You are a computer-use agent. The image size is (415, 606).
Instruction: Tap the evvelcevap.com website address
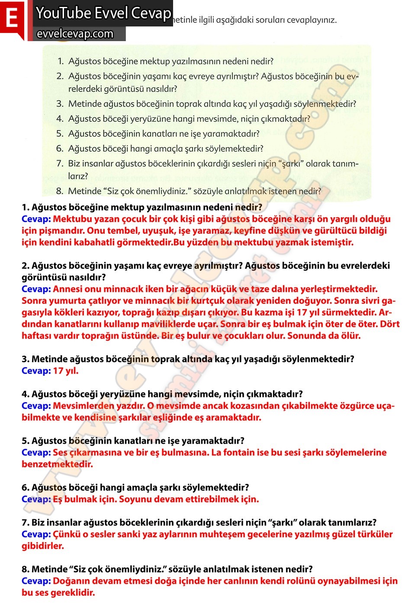click(x=75, y=34)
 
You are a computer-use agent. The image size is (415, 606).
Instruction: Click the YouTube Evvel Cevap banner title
click(x=103, y=13)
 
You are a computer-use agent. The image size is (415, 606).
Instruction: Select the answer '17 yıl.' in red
click(x=66, y=371)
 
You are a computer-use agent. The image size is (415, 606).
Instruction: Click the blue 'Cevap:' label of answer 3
click(x=36, y=371)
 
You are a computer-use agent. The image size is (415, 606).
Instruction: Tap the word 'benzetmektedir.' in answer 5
click(x=57, y=464)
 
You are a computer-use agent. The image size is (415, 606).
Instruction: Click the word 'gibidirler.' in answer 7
click(x=43, y=546)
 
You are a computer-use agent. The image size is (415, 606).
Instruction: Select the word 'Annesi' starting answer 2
click(x=67, y=289)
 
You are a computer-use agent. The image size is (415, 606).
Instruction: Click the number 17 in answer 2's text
click(x=302, y=313)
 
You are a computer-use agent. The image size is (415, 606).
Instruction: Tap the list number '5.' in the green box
click(x=60, y=134)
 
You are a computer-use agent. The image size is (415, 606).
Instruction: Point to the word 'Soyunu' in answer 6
click(x=135, y=500)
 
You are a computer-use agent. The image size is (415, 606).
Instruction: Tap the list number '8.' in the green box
click(x=60, y=191)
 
